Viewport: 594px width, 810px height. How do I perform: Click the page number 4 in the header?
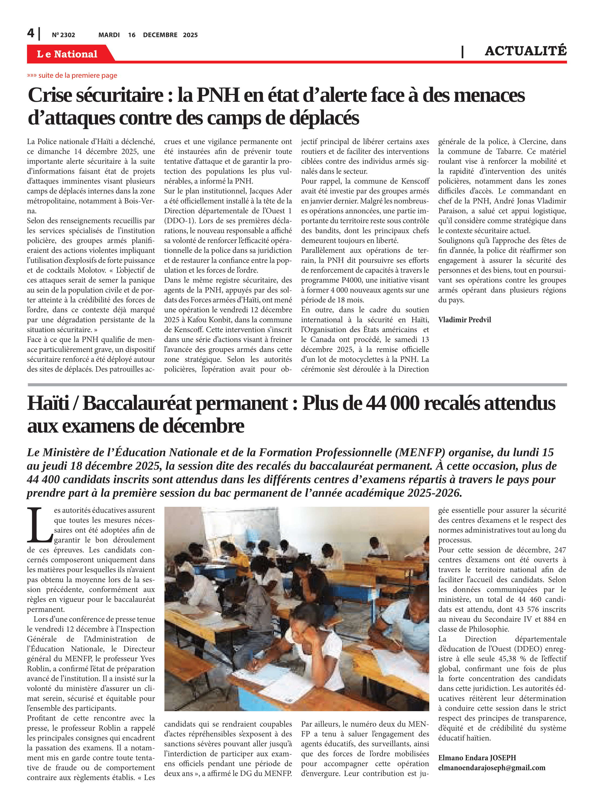click(x=31, y=33)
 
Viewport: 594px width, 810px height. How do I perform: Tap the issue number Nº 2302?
click(x=64, y=35)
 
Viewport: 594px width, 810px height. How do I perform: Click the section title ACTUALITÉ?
click(x=525, y=51)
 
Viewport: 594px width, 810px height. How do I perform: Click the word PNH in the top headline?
click(x=218, y=96)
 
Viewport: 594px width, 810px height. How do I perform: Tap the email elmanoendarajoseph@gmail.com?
click(x=491, y=768)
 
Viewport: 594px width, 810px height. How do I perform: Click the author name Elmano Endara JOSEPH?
click(x=477, y=758)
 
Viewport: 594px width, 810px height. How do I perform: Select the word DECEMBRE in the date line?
click(x=160, y=35)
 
